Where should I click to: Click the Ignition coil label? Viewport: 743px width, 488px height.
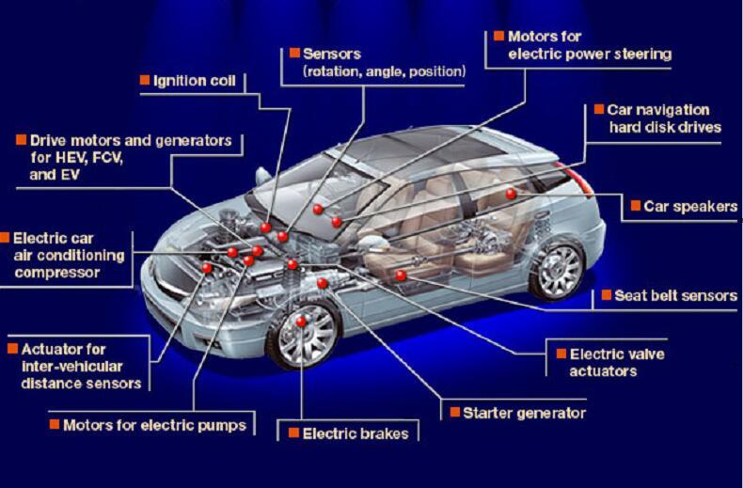[x=195, y=81]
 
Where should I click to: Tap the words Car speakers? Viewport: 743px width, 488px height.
[x=690, y=207]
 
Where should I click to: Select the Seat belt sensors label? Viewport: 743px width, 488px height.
[x=675, y=295]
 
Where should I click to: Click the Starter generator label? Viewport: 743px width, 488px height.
[x=525, y=413]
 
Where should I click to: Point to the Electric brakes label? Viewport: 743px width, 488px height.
[x=356, y=433]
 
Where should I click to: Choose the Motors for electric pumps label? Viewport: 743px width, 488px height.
[x=155, y=425]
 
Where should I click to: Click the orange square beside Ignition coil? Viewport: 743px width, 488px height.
[x=145, y=80]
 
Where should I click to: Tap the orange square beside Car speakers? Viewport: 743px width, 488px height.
[x=636, y=206]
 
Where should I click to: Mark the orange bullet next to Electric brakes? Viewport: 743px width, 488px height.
[x=293, y=433]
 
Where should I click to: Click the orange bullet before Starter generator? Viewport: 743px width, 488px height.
[x=455, y=412]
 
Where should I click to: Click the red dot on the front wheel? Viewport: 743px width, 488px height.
[x=301, y=322]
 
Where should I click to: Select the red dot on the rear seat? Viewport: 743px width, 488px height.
[x=511, y=194]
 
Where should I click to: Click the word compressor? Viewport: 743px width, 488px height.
[x=56, y=273]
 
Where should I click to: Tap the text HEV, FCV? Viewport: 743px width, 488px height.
[x=77, y=158]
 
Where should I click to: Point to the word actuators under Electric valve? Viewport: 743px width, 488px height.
[x=603, y=371]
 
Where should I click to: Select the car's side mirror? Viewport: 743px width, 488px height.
[x=263, y=177]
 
